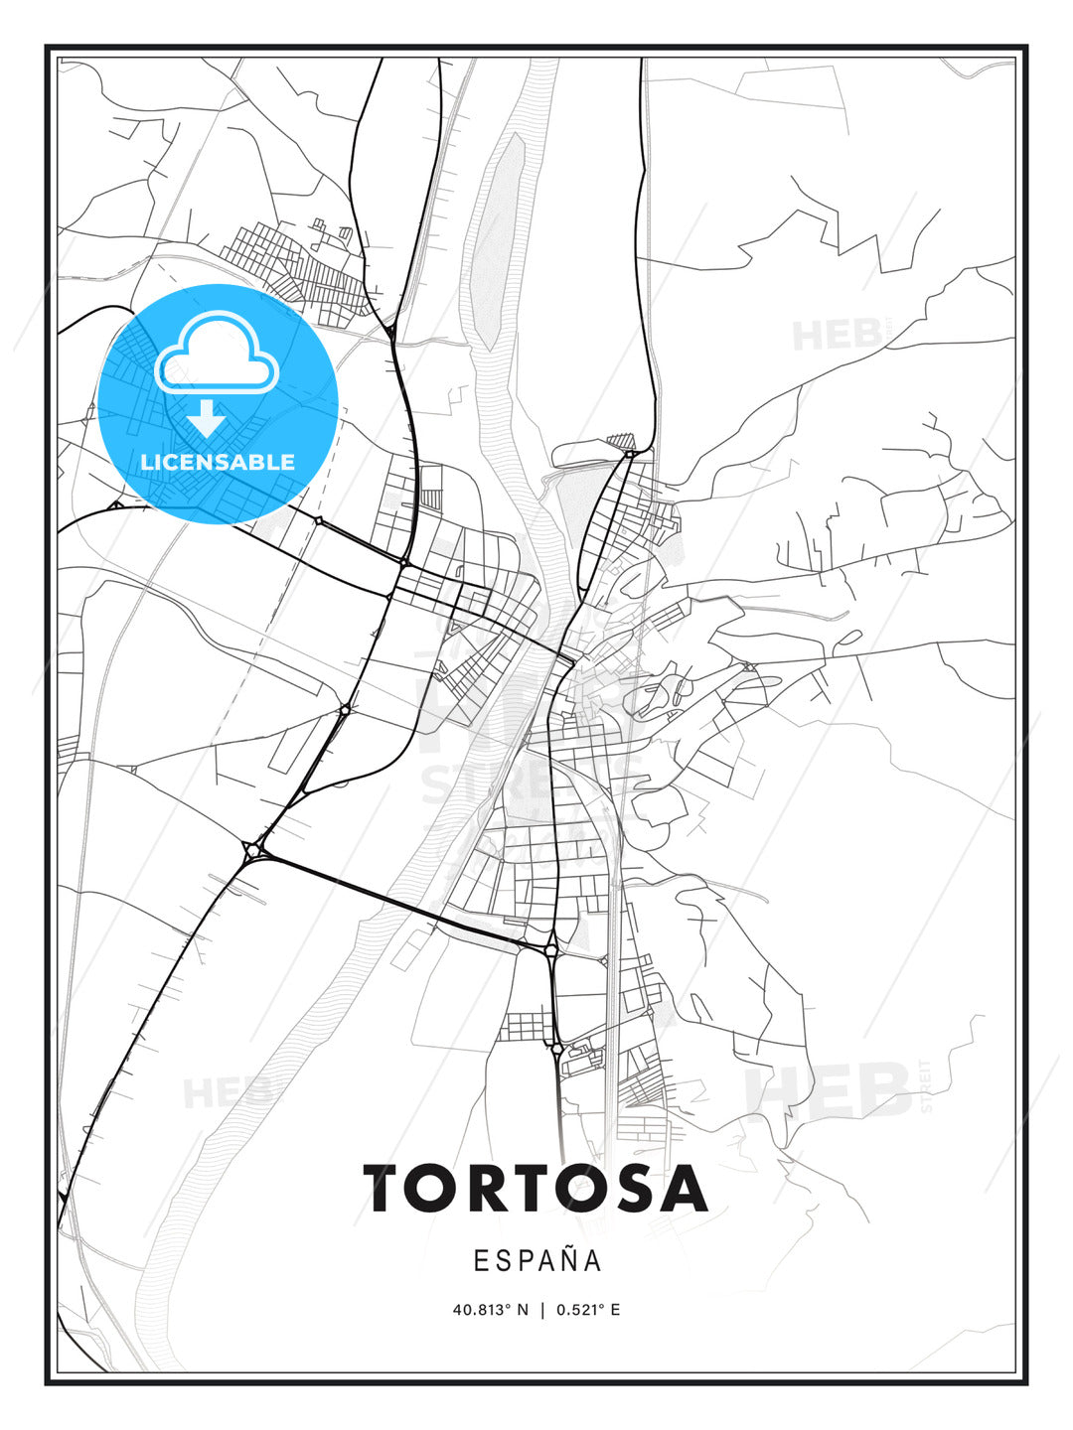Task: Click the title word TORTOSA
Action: tap(536, 1188)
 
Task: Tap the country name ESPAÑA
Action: tap(537, 1260)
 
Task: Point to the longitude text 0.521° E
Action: tap(588, 1310)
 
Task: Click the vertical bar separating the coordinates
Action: tap(542, 1310)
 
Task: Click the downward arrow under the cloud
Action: tap(207, 418)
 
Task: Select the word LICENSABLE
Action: tap(218, 462)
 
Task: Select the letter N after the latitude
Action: tap(522, 1310)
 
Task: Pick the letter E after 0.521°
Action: tap(615, 1310)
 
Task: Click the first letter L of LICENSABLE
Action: tap(146, 462)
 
